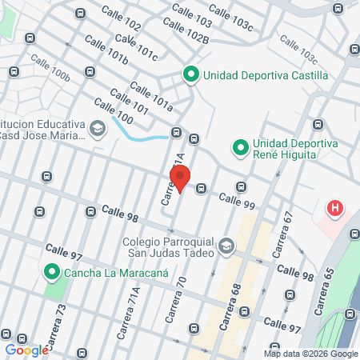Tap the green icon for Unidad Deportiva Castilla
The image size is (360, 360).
191,75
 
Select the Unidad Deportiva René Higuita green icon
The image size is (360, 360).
239,147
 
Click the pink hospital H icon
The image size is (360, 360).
335,210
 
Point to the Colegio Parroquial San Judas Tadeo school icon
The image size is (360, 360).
226,245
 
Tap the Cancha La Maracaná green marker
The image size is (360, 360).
53,273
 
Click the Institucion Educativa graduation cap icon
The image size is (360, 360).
98,128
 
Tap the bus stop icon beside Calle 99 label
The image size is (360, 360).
202,189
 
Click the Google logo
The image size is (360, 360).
26,350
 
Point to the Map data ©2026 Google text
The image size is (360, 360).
311,354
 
